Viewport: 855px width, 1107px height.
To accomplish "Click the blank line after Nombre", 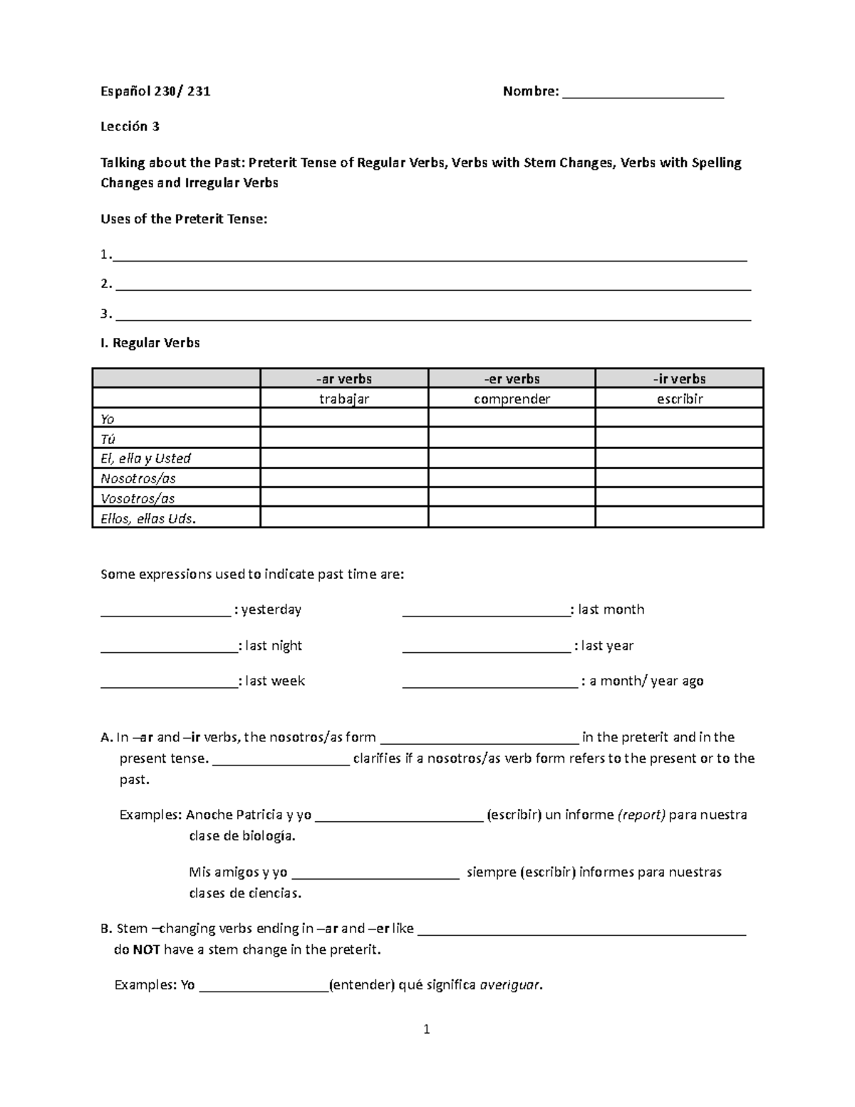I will [x=643, y=93].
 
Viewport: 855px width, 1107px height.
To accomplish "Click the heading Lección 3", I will [x=130, y=127].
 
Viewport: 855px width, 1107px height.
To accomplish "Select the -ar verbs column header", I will [x=344, y=379].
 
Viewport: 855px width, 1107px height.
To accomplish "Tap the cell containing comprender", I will [x=512, y=398].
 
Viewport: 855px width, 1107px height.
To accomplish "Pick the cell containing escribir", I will [x=679, y=398].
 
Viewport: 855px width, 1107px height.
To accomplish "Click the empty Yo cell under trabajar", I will [x=344, y=418].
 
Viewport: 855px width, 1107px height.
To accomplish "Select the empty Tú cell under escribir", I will [x=679, y=438].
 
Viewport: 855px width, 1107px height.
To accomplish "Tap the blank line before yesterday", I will [x=165, y=611].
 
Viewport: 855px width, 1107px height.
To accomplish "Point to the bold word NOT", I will [x=147, y=949].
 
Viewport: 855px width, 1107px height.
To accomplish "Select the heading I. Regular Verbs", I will [x=150, y=343].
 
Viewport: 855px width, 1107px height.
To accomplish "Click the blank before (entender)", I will [x=264, y=987].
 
